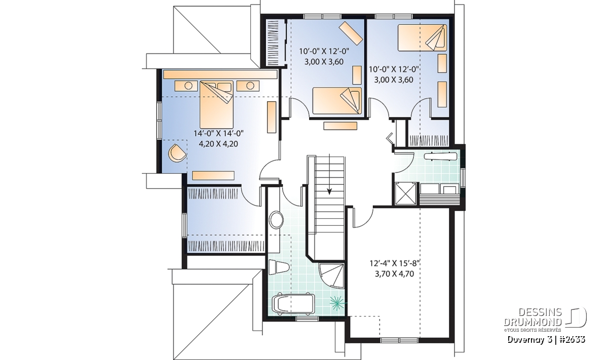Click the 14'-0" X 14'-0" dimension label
click(218, 133)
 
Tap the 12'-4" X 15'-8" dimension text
click(395, 263)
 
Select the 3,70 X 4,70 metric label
click(394, 274)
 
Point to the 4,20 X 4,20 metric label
click(218, 144)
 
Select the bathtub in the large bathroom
click(293, 304)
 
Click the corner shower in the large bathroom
click(331, 275)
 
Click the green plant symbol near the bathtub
click(338, 303)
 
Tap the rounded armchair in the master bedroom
click(177, 153)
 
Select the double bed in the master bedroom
click(217, 104)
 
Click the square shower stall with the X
click(405, 193)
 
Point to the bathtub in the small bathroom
click(440, 157)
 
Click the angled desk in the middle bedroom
click(351, 32)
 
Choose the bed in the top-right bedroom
click(423, 37)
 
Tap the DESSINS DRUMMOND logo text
click(533, 317)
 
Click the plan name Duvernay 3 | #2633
click(546, 340)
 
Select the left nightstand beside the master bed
click(186, 86)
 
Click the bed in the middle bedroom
click(337, 101)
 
